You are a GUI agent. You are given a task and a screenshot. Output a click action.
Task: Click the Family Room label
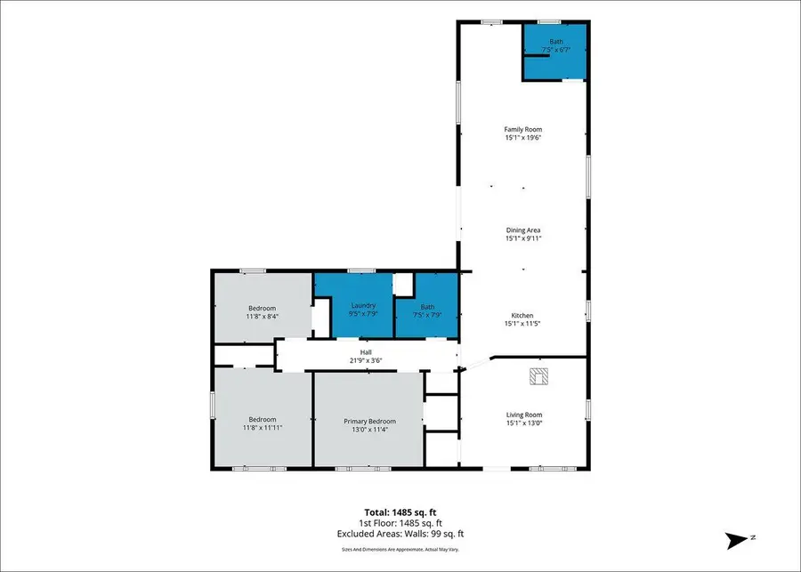[x=522, y=130]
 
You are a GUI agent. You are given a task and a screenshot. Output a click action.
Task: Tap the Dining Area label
[x=522, y=230]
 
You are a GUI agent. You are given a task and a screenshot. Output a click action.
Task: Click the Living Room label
[x=524, y=415]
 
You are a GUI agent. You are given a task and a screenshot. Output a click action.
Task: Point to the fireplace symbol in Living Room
[x=539, y=377]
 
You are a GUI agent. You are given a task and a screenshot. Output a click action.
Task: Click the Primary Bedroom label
[x=369, y=421]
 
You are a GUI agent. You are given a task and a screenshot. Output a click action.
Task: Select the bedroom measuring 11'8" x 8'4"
[x=262, y=312]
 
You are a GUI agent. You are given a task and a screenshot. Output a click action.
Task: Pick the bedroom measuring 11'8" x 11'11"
[x=262, y=423]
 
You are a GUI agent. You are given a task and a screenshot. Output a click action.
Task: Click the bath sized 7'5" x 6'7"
[x=556, y=45]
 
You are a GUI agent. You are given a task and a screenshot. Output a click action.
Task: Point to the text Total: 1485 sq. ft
[x=400, y=513]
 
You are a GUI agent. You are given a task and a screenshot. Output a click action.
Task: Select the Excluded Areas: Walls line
[x=400, y=534]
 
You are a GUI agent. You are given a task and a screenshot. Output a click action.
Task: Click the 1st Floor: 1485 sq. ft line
[x=400, y=524]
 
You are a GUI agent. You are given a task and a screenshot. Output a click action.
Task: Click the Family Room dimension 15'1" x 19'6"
[x=522, y=138]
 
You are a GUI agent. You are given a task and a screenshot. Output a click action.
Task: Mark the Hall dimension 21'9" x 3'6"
[x=365, y=361]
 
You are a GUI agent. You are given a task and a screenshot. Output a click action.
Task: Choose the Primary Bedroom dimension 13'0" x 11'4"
[x=369, y=429]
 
